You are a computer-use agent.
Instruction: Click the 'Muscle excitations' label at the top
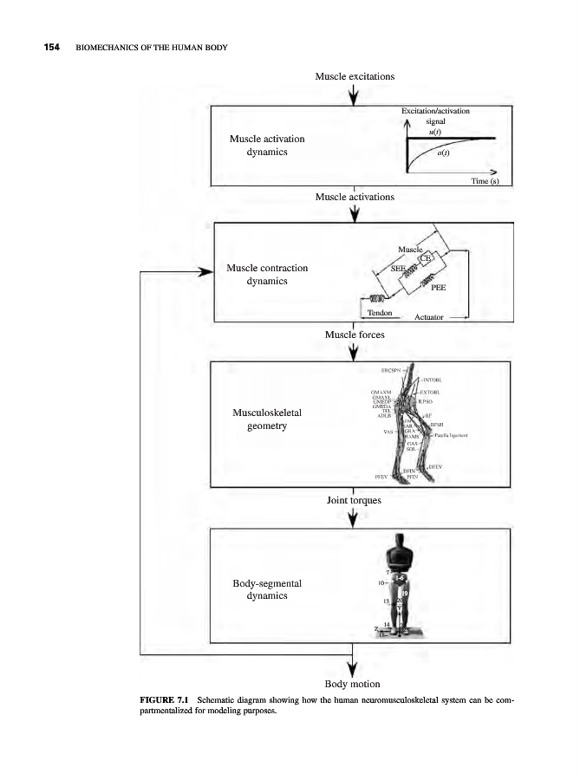tap(355, 76)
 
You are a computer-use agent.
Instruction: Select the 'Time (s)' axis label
tap(486, 181)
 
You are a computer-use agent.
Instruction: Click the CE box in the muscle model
tap(426, 257)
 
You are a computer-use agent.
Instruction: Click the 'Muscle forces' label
tap(355, 334)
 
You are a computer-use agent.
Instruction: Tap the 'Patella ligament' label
tap(451, 436)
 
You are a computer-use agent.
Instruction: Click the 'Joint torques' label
tap(355, 501)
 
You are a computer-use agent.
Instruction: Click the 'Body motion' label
tap(355, 684)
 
